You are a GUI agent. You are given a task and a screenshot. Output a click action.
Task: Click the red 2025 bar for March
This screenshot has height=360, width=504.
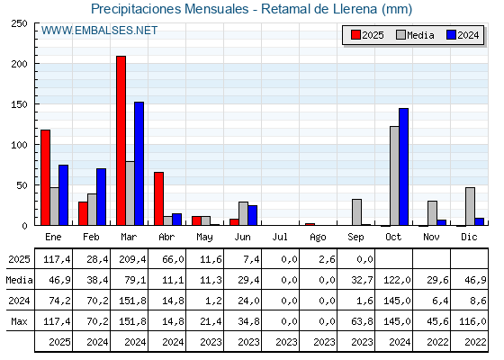coord(121,140)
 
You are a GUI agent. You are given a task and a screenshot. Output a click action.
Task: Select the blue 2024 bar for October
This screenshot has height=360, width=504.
coord(404,166)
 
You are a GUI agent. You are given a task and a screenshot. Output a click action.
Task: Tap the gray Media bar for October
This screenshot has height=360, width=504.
coord(394,175)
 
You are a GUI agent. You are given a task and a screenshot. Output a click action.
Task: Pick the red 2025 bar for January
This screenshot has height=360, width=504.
coord(45,178)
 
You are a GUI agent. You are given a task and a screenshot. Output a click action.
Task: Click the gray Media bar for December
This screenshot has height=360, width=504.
coord(470,206)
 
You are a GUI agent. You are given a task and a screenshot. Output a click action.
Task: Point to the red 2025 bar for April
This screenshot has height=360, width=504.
coord(158,199)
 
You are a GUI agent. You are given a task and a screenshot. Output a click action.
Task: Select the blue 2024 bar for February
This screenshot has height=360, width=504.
coord(101,197)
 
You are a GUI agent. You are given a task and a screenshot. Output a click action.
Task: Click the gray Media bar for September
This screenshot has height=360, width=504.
coord(356,212)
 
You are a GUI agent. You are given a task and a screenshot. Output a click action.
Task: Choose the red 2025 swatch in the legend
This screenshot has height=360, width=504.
coord(355,35)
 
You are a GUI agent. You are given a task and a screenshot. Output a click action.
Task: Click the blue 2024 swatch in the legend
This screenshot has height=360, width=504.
coord(451,35)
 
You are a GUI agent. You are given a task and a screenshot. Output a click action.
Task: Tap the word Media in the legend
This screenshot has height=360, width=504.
coord(420,35)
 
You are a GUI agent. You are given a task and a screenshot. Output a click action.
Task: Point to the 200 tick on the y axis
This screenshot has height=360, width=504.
coord(19,64)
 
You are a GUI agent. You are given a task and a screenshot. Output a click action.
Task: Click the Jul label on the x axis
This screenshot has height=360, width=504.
coord(280,238)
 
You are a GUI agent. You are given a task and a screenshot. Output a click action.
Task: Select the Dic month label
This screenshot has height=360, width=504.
coord(469,238)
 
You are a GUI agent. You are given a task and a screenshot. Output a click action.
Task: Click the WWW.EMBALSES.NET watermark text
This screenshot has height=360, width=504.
coord(99,31)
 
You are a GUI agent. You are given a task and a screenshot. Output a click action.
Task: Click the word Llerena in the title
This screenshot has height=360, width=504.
coord(355,9)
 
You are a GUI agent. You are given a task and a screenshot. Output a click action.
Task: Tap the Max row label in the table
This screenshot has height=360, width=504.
coord(19,321)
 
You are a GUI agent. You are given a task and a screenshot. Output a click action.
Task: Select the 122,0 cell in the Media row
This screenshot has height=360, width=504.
coord(397,280)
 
